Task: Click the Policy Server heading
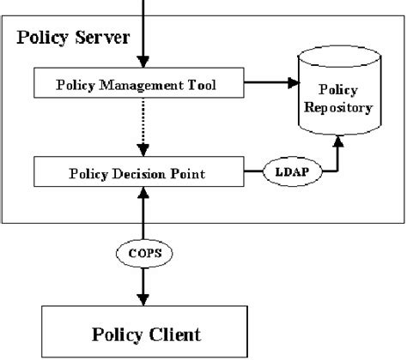pos(75,39)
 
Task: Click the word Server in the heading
pos(104,39)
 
